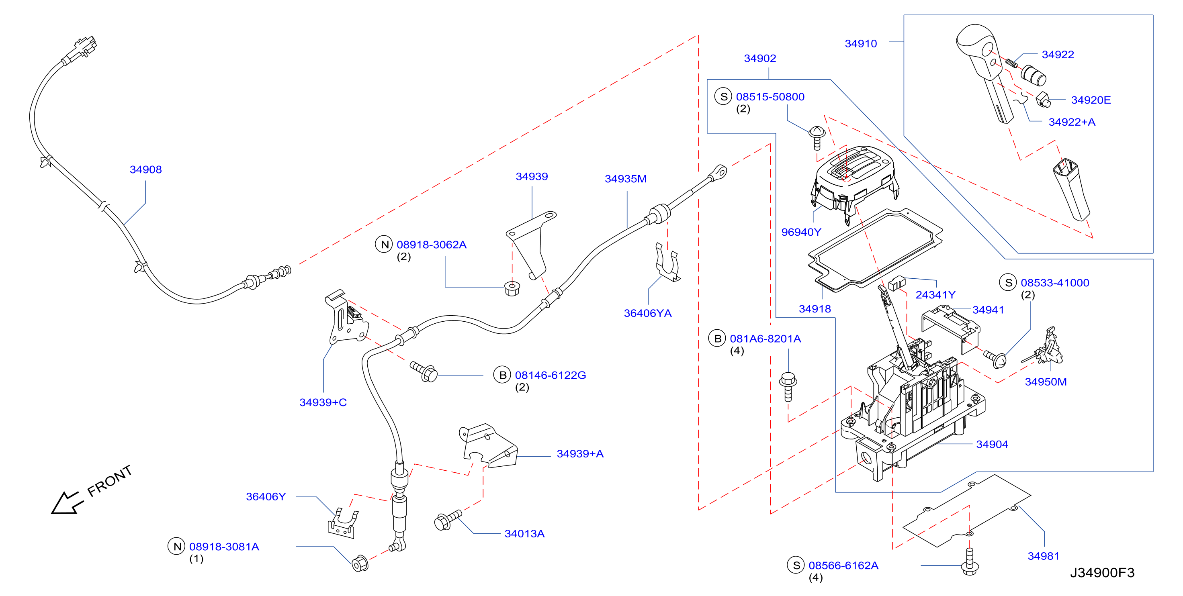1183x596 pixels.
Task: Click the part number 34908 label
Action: pyautogui.click(x=145, y=169)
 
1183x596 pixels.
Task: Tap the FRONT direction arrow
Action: pyautogui.click(x=67, y=503)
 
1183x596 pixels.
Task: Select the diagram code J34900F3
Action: pyautogui.click(x=1102, y=573)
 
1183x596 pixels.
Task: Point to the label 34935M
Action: pyautogui.click(x=626, y=179)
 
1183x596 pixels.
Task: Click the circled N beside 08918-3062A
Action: pyautogui.click(x=385, y=244)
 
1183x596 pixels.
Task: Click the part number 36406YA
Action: pyautogui.click(x=647, y=313)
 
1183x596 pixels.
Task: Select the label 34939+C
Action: pyautogui.click(x=323, y=402)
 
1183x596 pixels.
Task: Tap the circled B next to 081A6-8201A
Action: pyautogui.click(x=717, y=339)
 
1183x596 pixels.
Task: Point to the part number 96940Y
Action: pyautogui.click(x=801, y=232)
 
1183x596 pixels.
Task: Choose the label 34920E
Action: pyautogui.click(x=1091, y=100)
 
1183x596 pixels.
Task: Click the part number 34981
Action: pyautogui.click(x=1044, y=556)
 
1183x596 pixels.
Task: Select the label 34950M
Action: pyautogui.click(x=1046, y=382)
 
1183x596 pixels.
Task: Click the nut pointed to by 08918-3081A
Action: pyautogui.click(x=360, y=563)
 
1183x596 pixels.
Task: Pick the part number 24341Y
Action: pyautogui.click(x=935, y=295)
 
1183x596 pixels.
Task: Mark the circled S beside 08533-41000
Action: pyautogui.click(x=1009, y=282)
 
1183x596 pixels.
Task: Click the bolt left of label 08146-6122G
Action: pyautogui.click(x=424, y=372)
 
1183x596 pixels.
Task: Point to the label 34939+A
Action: pyautogui.click(x=580, y=454)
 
